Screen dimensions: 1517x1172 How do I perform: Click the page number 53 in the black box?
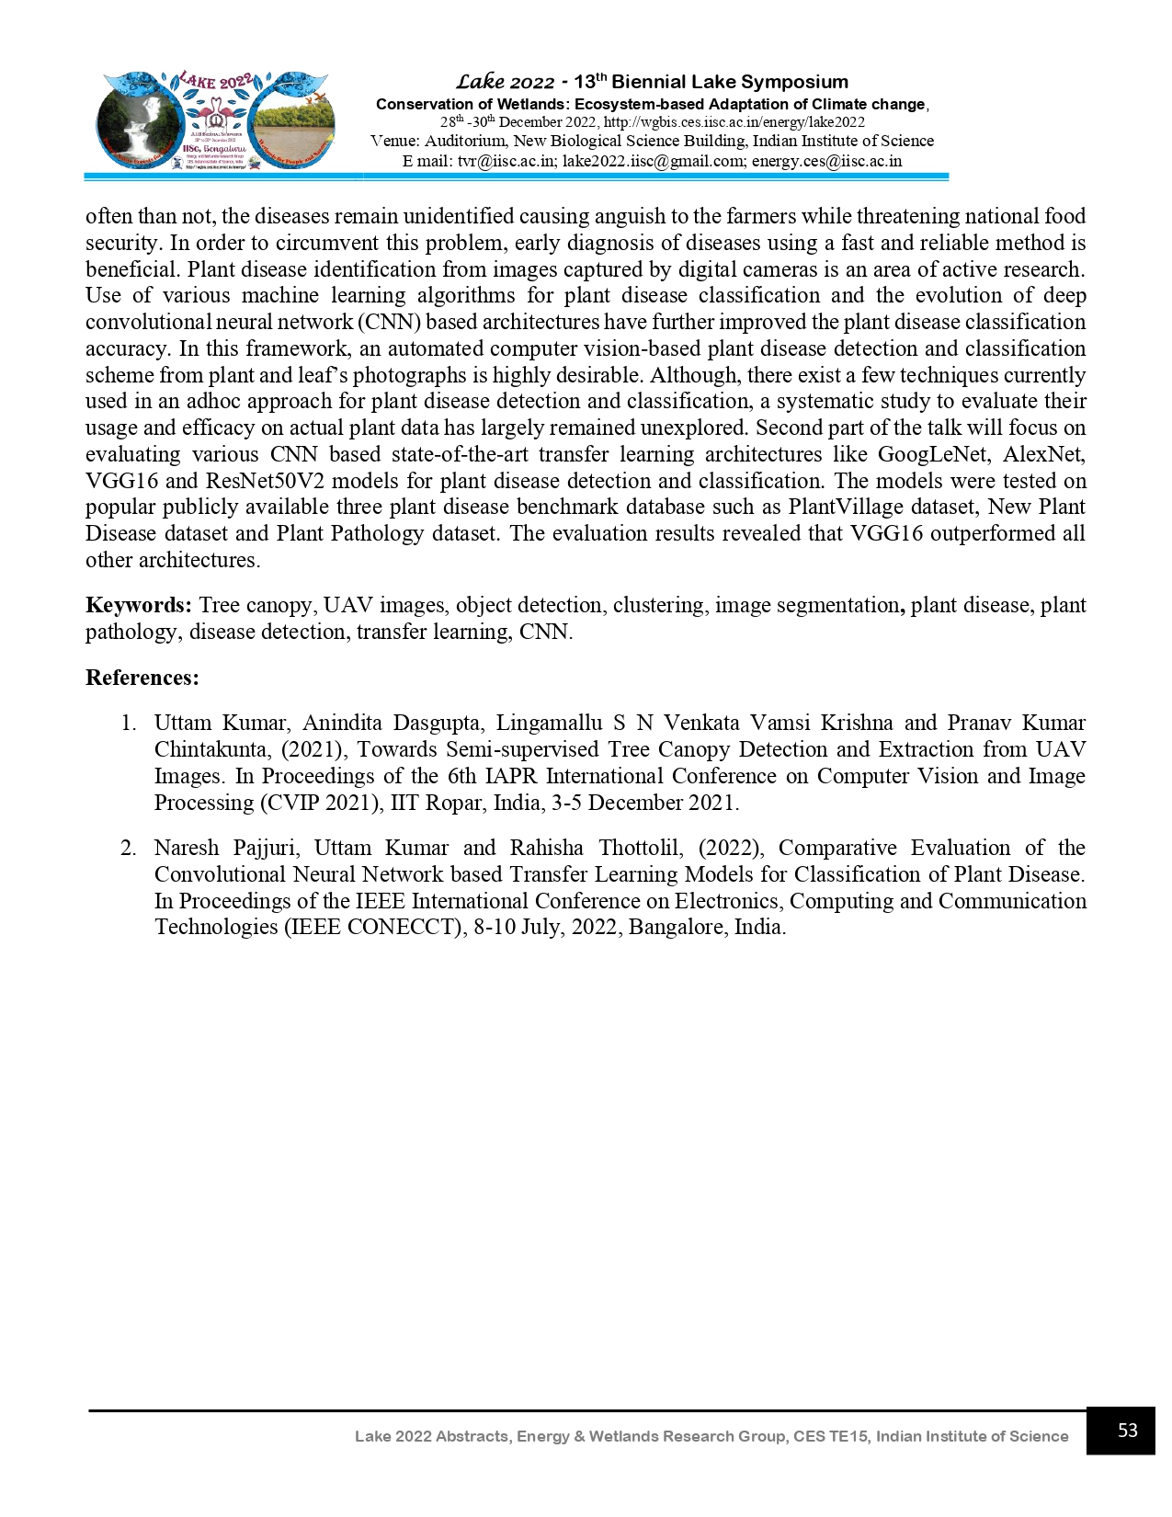[x=1127, y=1430]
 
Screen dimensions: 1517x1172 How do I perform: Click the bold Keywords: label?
[x=139, y=605]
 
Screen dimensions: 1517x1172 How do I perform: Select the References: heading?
[x=142, y=678]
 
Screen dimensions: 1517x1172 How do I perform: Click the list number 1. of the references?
[x=129, y=723]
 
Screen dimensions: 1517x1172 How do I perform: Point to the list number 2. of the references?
[x=129, y=848]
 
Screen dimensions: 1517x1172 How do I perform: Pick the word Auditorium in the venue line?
[x=464, y=142]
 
